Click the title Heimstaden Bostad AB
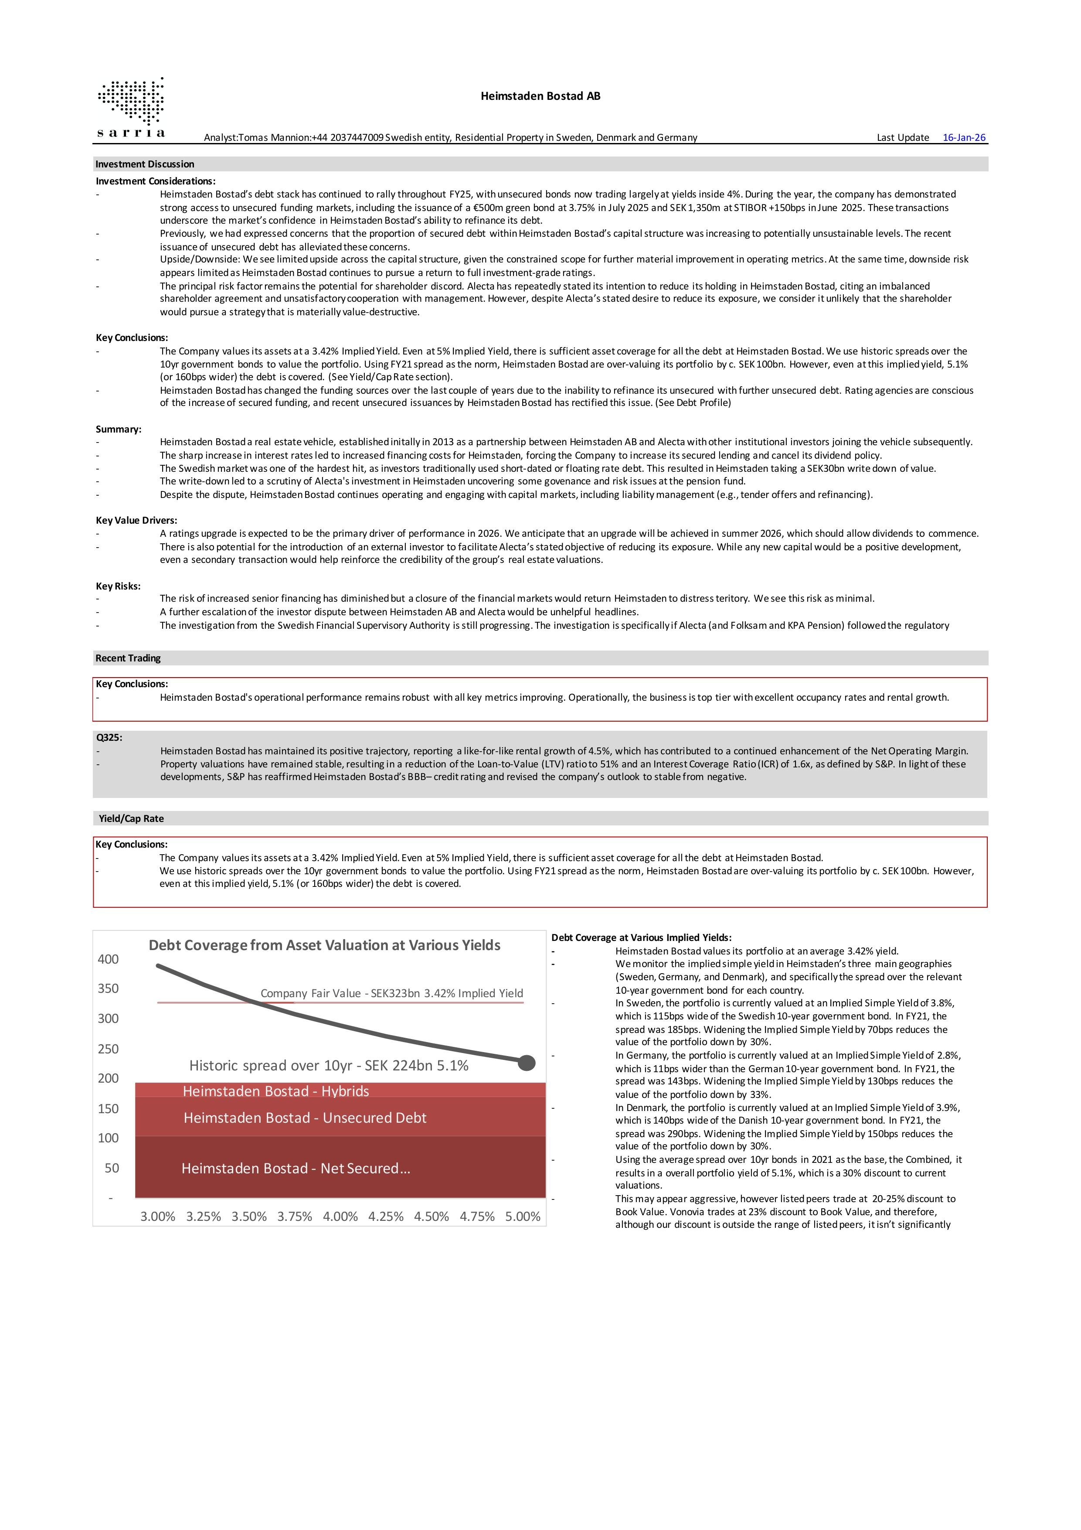coord(540,96)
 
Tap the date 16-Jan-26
coord(964,137)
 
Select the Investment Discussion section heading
coord(145,164)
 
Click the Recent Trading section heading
coord(128,658)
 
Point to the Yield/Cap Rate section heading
coord(131,818)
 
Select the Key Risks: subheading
coord(118,586)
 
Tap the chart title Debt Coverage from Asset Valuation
coord(324,945)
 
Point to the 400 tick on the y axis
coord(108,959)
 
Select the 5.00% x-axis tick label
coord(523,1216)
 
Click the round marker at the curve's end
coord(526,1063)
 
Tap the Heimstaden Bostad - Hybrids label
coord(276,1091)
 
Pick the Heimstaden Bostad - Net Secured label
coord(296,1168)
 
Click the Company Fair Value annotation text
coord(391,993)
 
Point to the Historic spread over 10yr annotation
coord(328,1066)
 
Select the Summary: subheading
coord(119,429)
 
